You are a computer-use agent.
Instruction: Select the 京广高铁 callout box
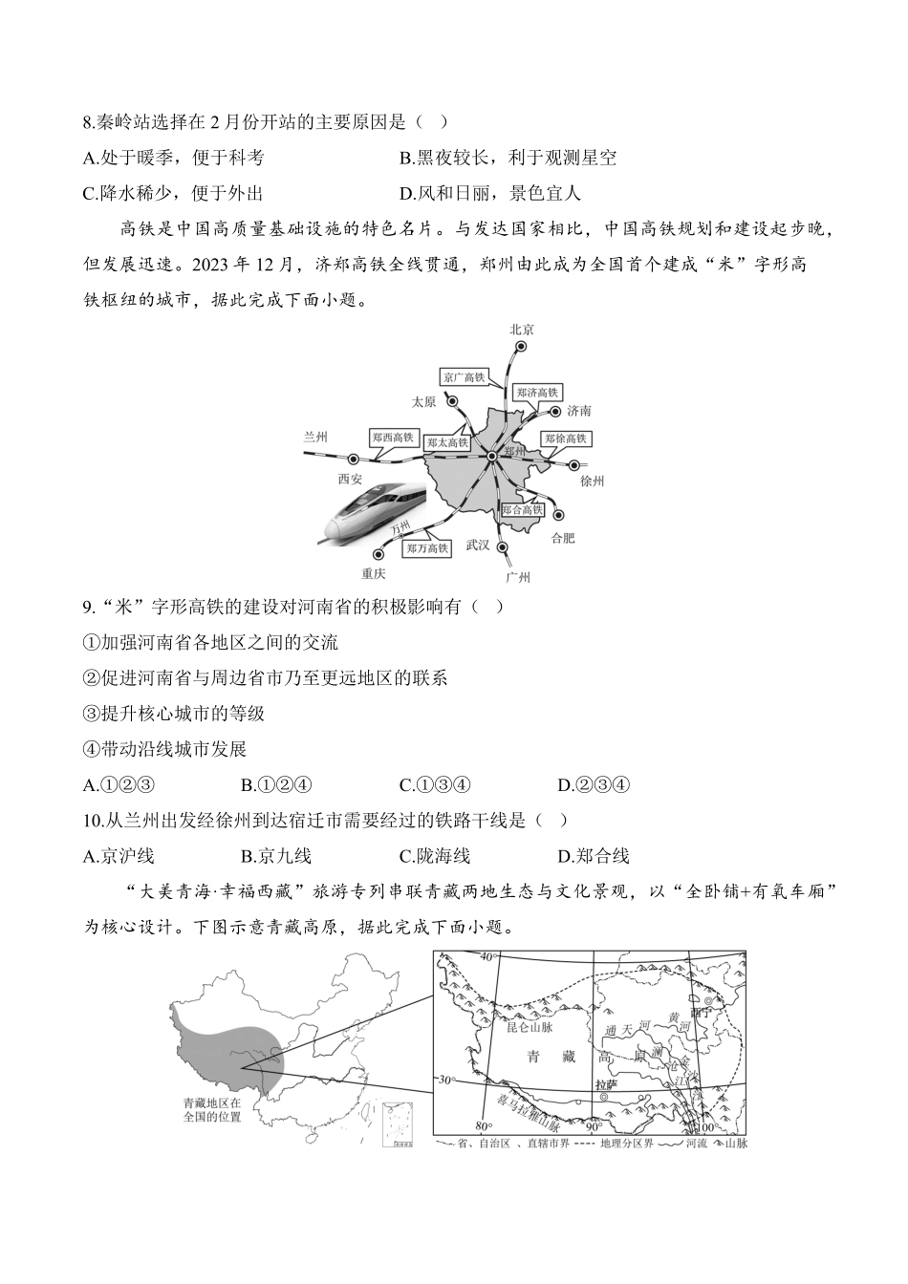point(465,376)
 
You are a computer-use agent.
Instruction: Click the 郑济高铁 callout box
point(537,393)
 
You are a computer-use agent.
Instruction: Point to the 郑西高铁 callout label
point(394,438)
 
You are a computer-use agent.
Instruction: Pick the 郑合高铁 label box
point(522,510)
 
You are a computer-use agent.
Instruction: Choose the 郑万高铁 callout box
point(425,548)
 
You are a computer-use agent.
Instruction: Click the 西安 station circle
point(353,460)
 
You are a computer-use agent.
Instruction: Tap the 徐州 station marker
point(573,465)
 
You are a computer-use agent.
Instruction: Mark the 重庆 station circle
point(380,552)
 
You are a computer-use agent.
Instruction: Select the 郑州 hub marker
point(491,458)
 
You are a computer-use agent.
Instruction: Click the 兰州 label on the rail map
point(315,435)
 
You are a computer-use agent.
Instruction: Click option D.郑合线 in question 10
point(593,856)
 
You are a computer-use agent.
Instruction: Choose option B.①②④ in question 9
point(276,785)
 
